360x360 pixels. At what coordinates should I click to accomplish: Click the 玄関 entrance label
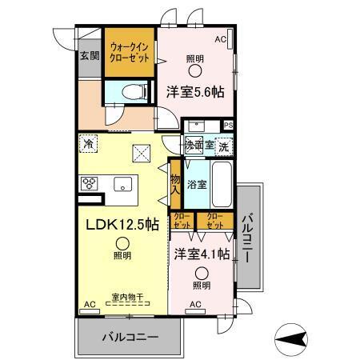pyautogui.click(x=89, y=56)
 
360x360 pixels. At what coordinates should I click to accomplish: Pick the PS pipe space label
pyautogui.click(x=229, y=125)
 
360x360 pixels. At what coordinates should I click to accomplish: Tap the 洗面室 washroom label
pyautogui.click(x=198, y=146)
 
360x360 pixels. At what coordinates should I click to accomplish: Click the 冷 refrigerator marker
pyautogui.click(x=87, y=144)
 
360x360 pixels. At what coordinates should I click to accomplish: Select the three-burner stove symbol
pyautogui.click(x=89, y=182)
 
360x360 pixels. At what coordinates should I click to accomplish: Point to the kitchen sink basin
pyautogui.click(x=123, y=184)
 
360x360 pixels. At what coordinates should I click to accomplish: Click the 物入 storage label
pyautogui.click(x=175, y=183)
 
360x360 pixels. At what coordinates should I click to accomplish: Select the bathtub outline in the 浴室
pyautogui.click(x=222, y=185)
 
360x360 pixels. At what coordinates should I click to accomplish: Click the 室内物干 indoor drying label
pyautogui.click(x=127, y=298)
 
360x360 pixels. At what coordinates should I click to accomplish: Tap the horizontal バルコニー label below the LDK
pyautogui.click(x=130, y=337)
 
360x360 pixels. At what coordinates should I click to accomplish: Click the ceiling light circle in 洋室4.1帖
pyautogui.click(x=201, y=272)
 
